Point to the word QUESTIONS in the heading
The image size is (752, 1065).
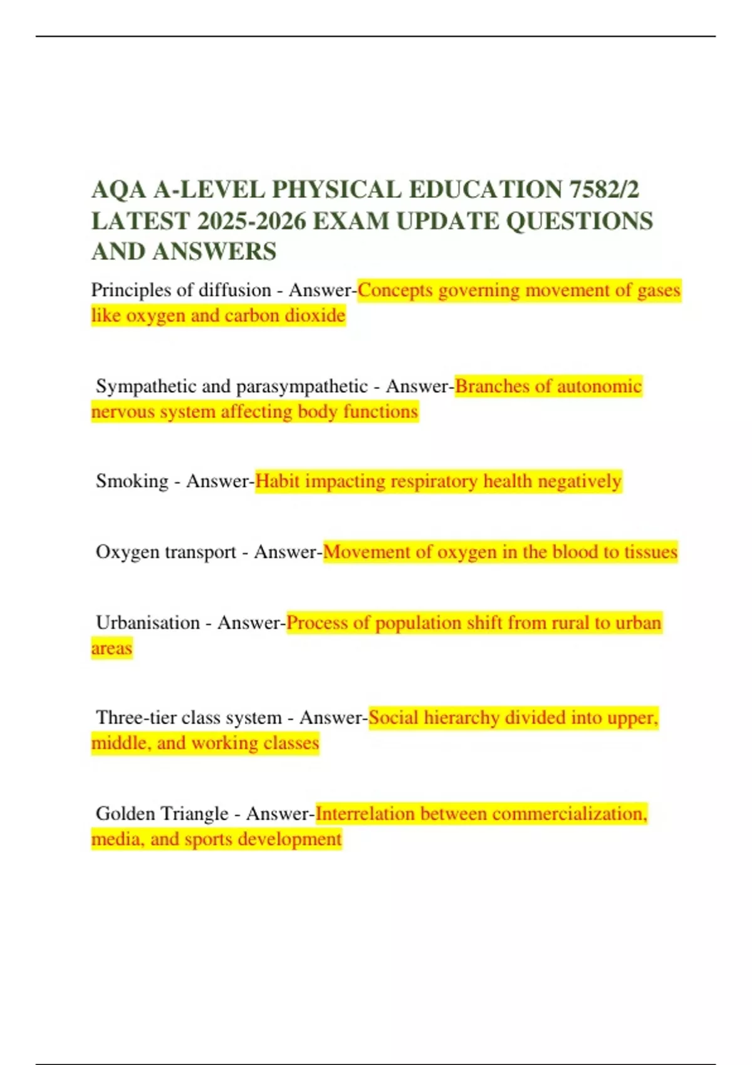(x=579, y=221)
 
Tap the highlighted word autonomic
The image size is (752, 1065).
(x=599, y=386)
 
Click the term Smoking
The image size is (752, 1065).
(x=132, y=481)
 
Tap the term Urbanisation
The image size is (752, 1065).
(x=148, y=623)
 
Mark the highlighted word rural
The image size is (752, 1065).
(x=570, y=623)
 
